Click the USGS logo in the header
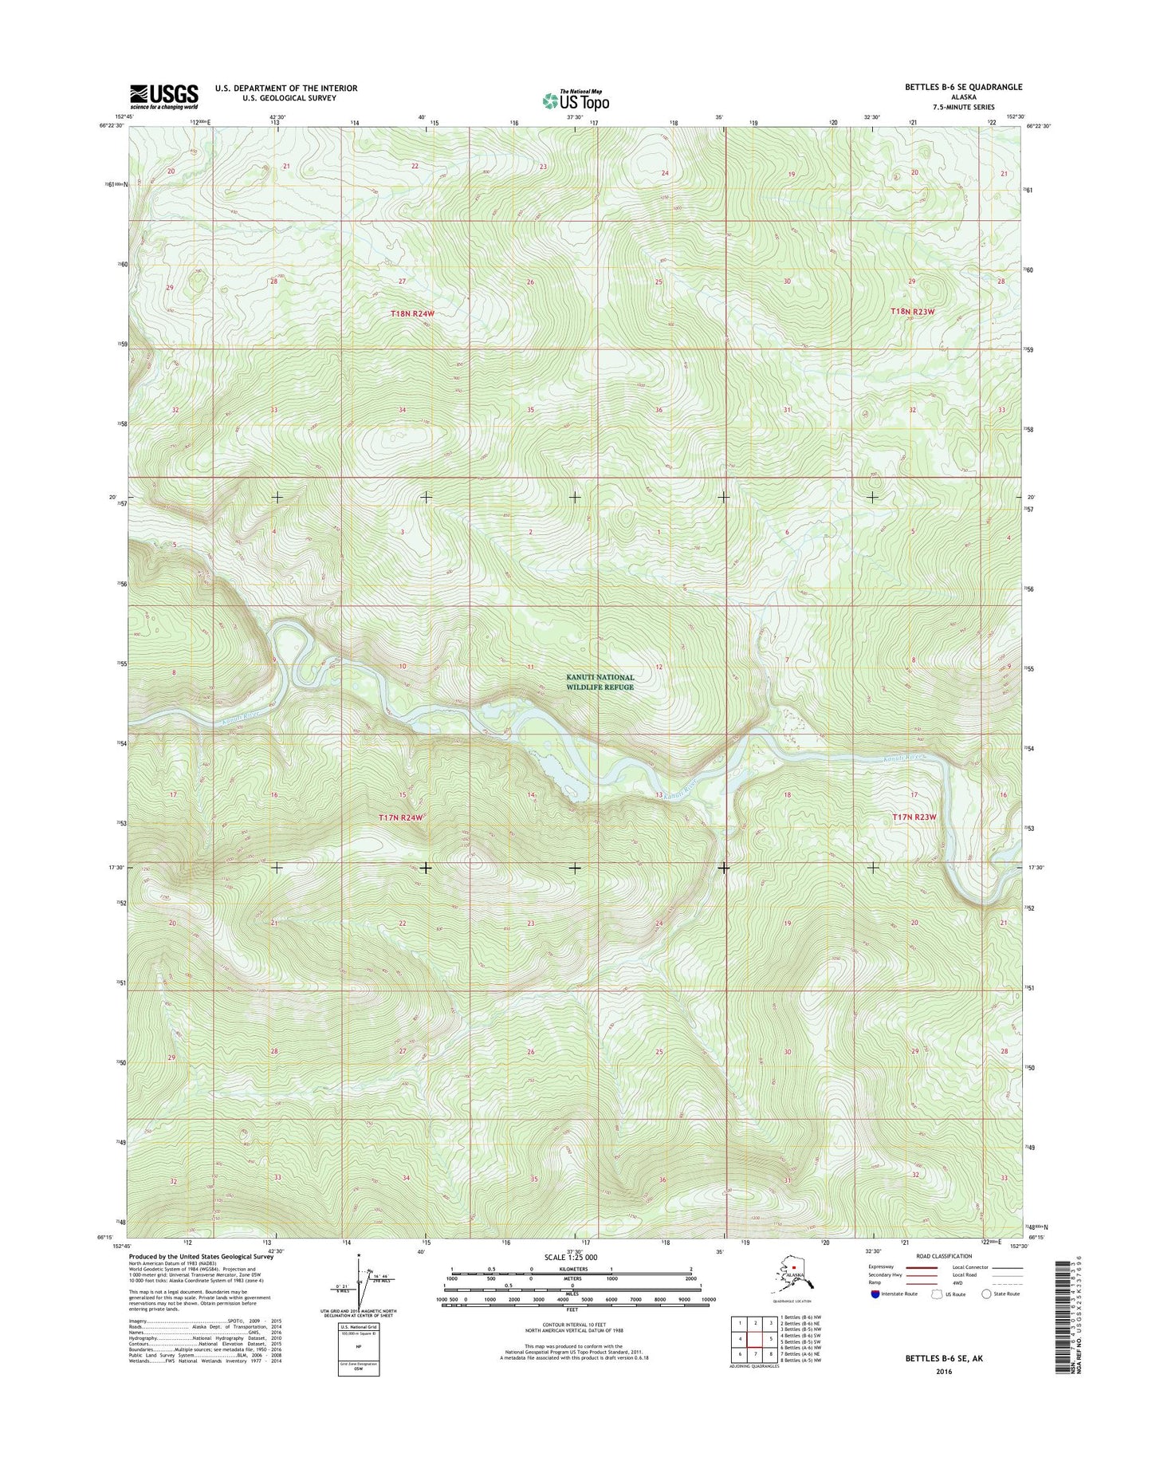[x=163, y=97]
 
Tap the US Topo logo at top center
[x=576, y=100]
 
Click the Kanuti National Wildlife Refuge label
[x=600, y=682]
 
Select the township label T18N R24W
[x=412, y=313]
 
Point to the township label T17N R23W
[x=914, y=817]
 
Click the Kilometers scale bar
[x=572, y=1270]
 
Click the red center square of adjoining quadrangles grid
[x=756, y=1338]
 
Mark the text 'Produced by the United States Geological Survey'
[x=201, y=1256]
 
